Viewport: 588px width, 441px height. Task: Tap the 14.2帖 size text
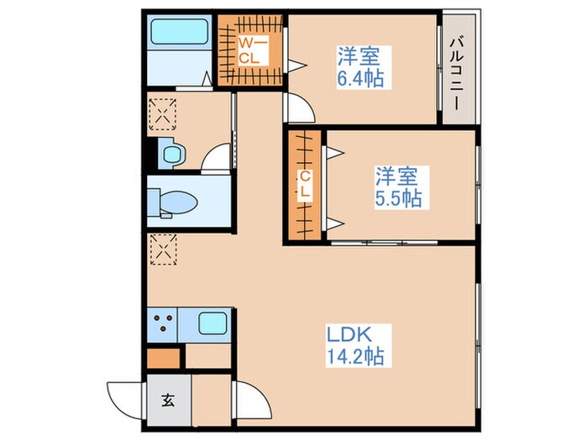pyautogui.click(x=356, y=357)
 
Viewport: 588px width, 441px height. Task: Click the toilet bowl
pyautogui.click(x=173, y=202)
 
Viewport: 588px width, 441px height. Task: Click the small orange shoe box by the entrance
pyautogui.click(x=163, y=356)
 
